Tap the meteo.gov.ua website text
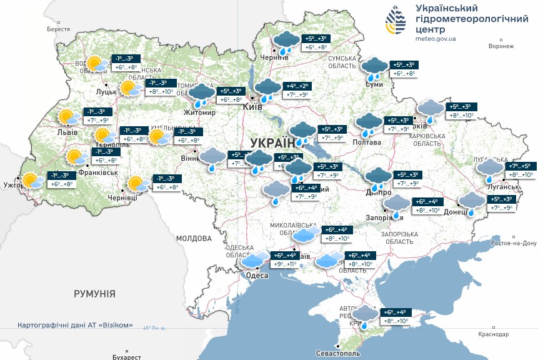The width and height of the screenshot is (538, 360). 436,39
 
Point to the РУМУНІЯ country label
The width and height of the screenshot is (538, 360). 94,293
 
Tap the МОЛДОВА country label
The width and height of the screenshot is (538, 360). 194,238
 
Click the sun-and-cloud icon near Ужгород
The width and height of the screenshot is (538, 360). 32,181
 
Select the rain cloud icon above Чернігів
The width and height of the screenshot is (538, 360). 286,42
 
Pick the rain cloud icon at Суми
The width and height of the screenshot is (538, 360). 376,68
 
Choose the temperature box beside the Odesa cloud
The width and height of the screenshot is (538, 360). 285,259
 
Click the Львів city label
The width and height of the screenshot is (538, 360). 67,132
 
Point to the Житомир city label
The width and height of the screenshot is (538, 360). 199,113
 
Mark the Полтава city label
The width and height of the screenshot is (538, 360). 368,142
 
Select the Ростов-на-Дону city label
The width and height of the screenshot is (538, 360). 514,243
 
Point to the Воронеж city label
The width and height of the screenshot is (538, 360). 501,46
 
